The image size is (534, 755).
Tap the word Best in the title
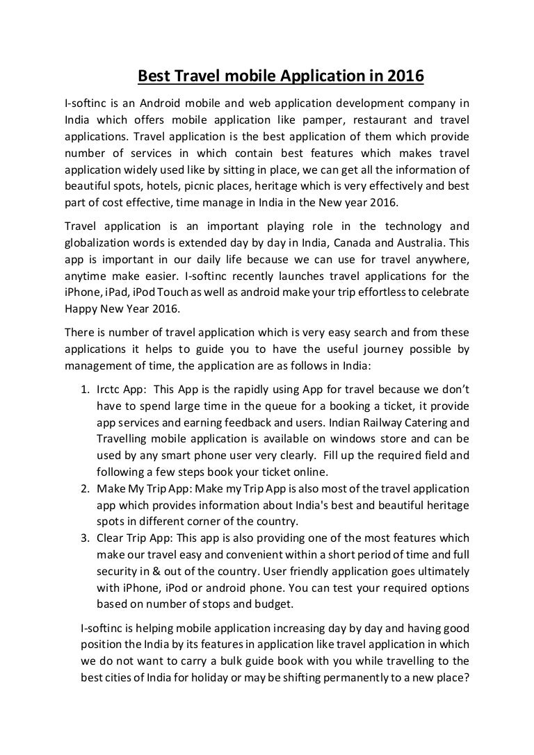click(x=151, y=77)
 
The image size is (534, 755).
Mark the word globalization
click(x=97, y=243)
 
